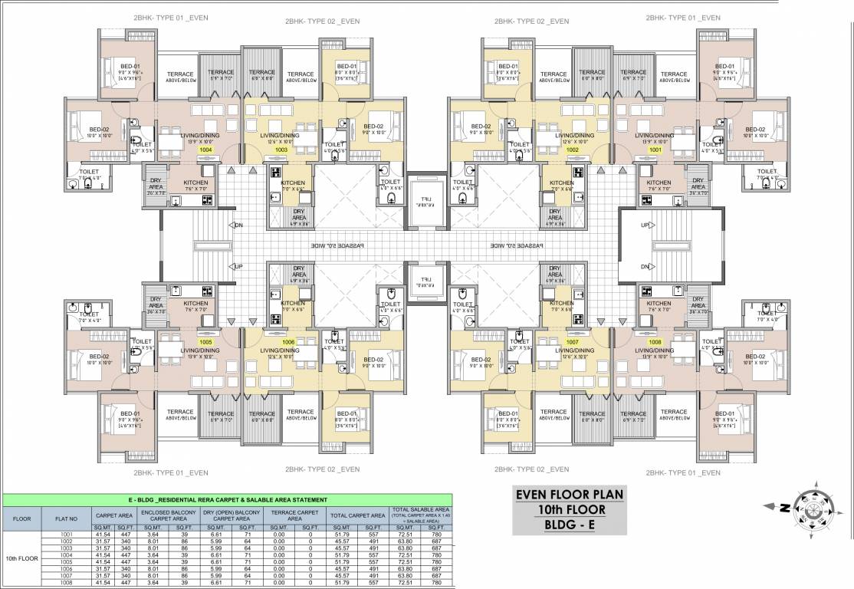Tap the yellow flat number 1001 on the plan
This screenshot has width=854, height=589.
click(x=655, y=150)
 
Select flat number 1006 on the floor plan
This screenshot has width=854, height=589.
click(x=288, y=342)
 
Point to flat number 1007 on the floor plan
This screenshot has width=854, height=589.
click(x=572, y=342)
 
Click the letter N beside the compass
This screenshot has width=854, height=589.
click(x=784, y=508)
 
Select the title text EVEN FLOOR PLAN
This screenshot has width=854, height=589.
click(x=570, y=494)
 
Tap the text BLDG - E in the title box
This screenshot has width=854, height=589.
click(x=570, y=525)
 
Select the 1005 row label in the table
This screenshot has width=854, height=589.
click(x=67, y=563)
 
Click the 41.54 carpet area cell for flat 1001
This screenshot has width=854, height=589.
click(x=104, y=534)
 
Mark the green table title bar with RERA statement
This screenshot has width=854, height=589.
click(x=230, y=500)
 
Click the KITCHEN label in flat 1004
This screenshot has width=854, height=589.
click(x=196, y=183)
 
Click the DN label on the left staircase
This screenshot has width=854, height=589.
click(x=238, y=225)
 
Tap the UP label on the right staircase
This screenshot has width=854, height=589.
click(x=645, y=225)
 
